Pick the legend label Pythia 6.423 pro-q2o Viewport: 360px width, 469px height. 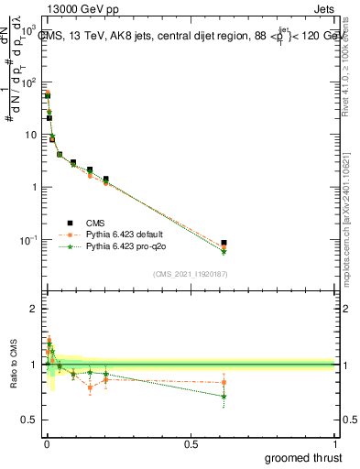coord(126,246)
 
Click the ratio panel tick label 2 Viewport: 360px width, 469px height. coord(32,309)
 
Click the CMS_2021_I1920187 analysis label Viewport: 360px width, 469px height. coord(189,273)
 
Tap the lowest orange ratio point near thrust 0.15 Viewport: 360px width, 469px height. coord(90,387)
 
